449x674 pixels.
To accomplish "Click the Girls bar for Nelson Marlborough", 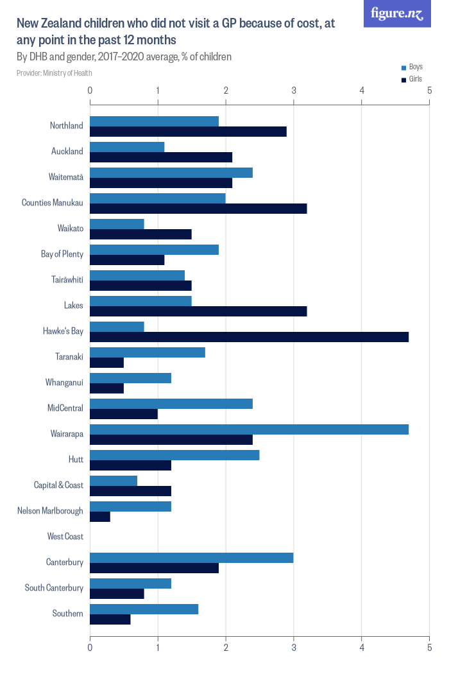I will pyautogui.click(x=100, y=517).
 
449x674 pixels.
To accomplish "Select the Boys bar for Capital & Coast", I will pyautogui.click(x=114, y=481).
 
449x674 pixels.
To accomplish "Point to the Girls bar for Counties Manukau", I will pyautogui.click(x=198, y=209).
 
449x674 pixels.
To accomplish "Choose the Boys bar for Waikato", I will pyautogui.click(x=117, y=224).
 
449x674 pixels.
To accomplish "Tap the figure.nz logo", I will pyautogui.click(x=397, y=13).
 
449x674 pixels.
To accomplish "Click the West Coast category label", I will pyautogui.click(x=65, y=537).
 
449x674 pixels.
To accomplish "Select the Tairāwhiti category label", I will pyautogui.click(x=67, y=280).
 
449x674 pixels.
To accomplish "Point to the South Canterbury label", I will pyautogui.click(x=54, y=588).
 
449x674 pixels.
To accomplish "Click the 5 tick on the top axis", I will pyautogui.click(x=429, y=91).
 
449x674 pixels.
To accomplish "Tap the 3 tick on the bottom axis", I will pyautogui.click(x=294, y=648).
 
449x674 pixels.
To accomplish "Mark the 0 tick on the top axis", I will pyautogui.click(x=90, y=91).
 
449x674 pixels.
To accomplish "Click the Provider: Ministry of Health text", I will pyautogui.click(x=55, y=73).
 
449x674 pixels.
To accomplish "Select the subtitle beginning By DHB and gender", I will pyautogui.click(x=124, y=57).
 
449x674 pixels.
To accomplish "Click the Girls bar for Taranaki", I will pyautogui.click(x=106, y=363).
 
